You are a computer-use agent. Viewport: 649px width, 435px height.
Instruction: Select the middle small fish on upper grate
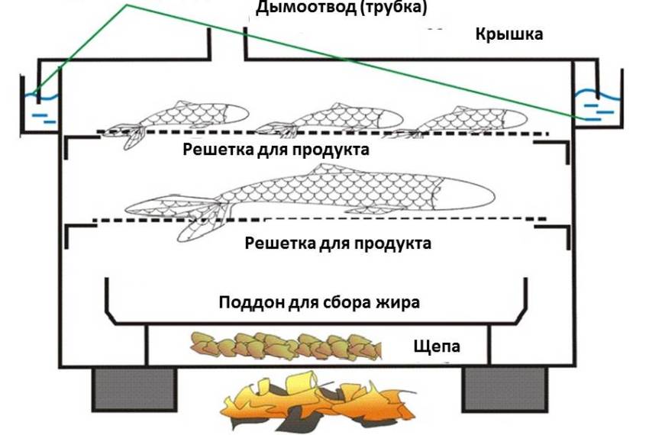coord(336,118)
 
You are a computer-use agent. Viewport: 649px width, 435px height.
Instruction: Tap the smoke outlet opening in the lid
coord(228,46)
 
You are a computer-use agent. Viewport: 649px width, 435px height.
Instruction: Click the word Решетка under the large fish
coord(278,243)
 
